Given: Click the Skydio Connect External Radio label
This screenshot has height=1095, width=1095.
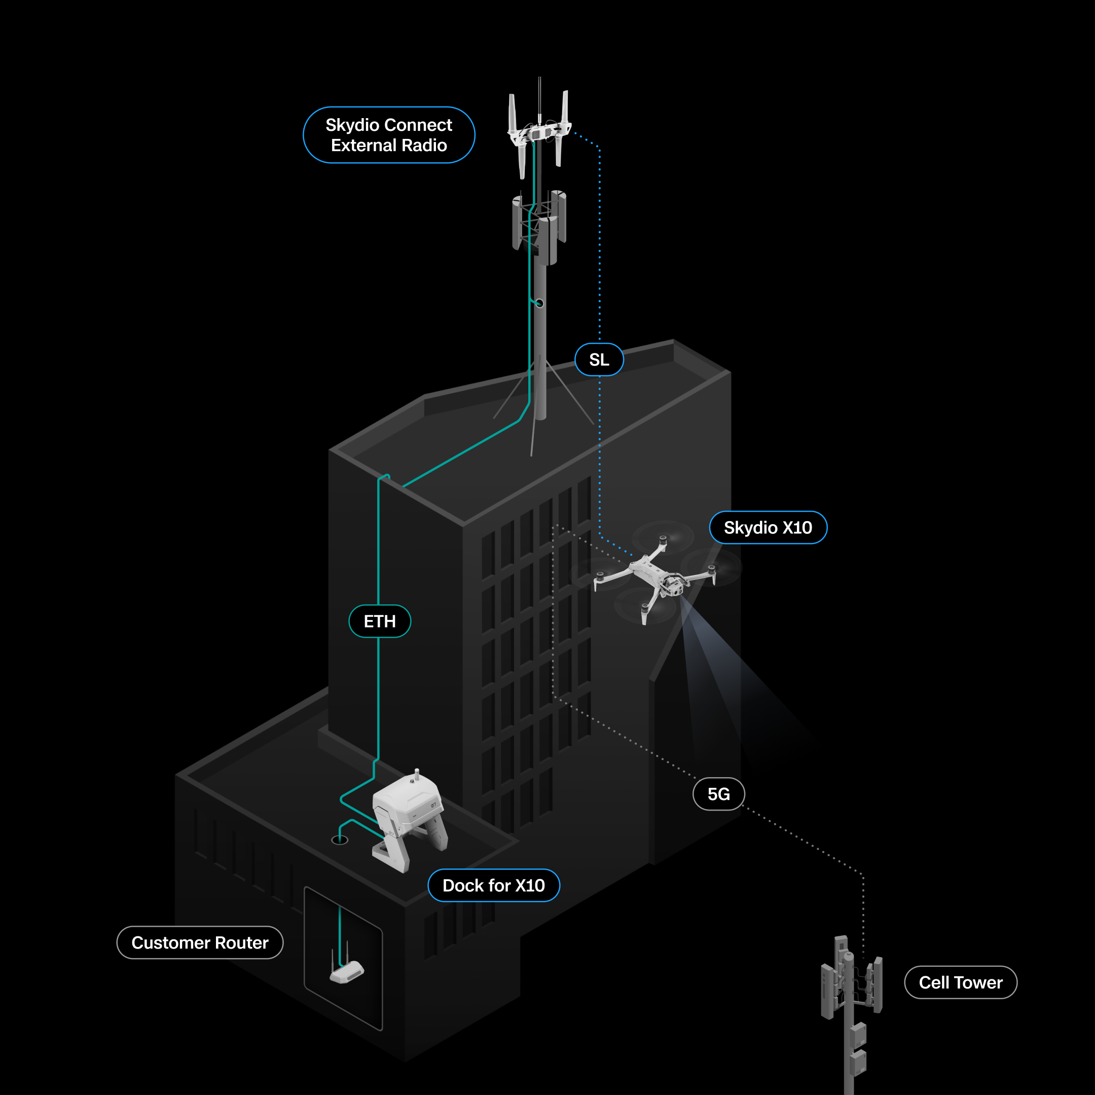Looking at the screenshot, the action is (x=389, y=135).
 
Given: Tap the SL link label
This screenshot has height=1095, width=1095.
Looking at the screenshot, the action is (x=599, y=359).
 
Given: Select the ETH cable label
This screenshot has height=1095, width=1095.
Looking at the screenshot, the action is (x=380, y=621).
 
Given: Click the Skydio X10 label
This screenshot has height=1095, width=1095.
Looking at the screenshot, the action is (x=768, y=528).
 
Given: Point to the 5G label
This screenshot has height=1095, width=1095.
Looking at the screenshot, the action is (x=719, y=794).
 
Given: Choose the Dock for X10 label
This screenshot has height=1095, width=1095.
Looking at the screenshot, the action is (x=494, y=885).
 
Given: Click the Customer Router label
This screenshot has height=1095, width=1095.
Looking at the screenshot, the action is (x=200, y=942).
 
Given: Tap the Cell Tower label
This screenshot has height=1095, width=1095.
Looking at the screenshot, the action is (x=961, y=982).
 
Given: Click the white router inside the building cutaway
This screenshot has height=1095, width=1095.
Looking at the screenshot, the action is (x=347, y=971).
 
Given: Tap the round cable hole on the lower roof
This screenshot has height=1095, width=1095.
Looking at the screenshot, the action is (x=340, y=840).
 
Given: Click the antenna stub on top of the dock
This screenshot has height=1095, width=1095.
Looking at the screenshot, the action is (x=417, y=775).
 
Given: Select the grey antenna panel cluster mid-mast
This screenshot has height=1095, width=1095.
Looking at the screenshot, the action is (x=539, y=227).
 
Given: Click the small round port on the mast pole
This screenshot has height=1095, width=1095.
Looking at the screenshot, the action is (x=539, y=303).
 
